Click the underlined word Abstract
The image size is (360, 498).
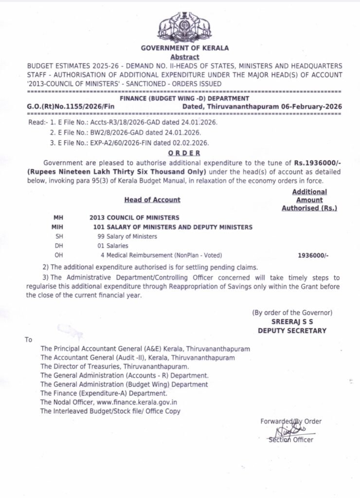184,57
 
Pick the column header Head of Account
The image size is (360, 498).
152,200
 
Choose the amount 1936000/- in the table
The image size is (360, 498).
313,255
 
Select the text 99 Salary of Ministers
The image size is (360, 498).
127,236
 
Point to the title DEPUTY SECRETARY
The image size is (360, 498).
292,331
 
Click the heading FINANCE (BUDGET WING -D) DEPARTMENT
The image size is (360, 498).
184,98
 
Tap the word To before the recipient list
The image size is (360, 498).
29,340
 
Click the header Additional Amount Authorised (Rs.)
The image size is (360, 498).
309,200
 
